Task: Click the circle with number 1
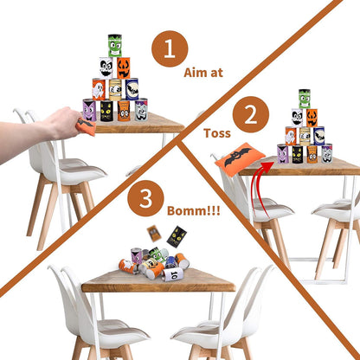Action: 170,48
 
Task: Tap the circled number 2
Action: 251,114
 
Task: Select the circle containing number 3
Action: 145,198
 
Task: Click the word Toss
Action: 217,133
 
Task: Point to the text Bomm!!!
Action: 194,211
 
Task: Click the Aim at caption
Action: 203,73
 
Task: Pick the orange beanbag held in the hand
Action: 86,125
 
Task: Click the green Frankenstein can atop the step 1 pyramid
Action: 115,46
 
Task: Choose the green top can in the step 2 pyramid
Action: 305,99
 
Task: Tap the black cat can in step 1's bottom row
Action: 106,110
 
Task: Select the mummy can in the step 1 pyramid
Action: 115,90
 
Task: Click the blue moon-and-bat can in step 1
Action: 132,89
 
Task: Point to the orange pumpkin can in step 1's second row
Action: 124,67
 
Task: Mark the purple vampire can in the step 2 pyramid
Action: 283,153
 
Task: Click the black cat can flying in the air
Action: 177,237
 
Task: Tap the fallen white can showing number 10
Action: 173,274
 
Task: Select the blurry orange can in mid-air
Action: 154,233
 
